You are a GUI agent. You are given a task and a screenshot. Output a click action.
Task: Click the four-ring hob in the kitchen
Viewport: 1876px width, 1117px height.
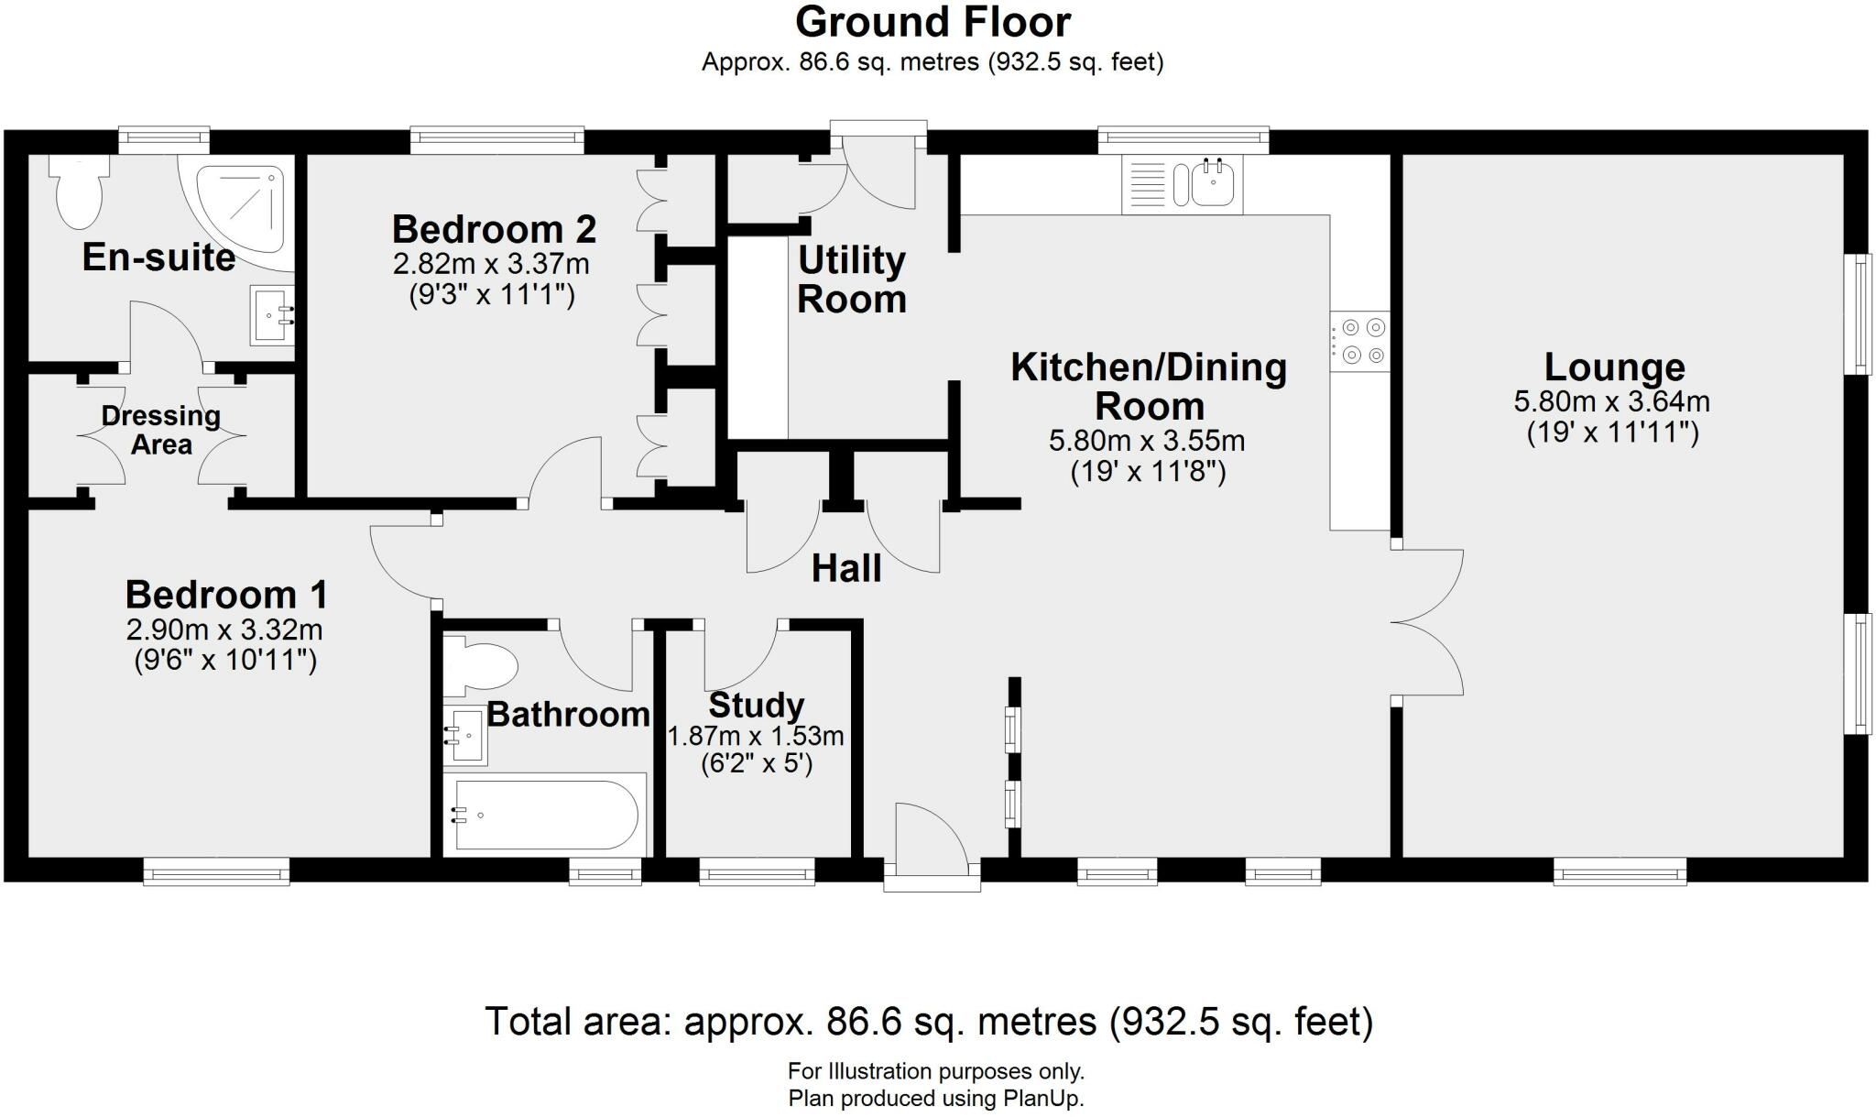(x=1360, y=341)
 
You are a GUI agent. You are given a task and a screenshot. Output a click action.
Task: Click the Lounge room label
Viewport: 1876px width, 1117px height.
(x=1614, y=367)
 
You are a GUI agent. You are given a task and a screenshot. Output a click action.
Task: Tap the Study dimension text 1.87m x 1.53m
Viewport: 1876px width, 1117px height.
(x=756, y=736)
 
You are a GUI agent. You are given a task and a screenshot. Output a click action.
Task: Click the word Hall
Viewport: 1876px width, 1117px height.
(x=846, y=569)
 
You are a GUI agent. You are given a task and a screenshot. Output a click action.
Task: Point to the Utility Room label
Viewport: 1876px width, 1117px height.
(x=852, y=279)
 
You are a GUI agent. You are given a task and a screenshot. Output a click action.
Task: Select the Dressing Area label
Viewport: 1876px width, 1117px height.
(x=161, y=430)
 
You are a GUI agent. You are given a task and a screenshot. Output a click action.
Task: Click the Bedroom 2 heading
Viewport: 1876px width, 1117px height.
(x=494, y=229)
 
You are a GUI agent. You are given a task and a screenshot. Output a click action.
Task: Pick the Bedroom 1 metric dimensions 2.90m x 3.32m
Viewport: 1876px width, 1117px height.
(x=224, y=630)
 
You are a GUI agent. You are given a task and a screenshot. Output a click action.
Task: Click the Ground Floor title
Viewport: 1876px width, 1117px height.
(x=933, y=22)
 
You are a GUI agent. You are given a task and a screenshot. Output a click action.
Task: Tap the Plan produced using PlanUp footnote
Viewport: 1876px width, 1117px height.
(x=935, y=1098)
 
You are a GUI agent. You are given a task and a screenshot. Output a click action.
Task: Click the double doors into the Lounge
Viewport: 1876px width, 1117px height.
(x=1427, y=623)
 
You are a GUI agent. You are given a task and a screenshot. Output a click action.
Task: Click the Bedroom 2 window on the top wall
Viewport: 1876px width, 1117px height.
(x=496, y=139)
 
